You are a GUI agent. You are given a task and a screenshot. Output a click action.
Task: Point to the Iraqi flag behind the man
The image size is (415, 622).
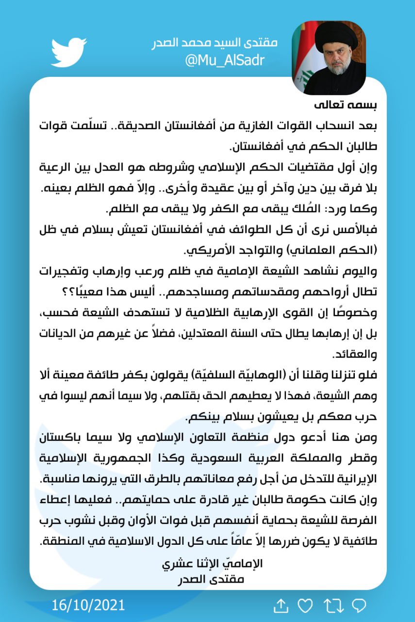(305, 68)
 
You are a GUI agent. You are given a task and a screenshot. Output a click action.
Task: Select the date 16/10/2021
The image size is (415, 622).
(88, 605)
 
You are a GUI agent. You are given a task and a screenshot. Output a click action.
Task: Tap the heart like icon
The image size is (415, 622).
(305, 605)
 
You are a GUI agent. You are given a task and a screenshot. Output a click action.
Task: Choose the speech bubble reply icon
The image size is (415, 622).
(360, 605)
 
